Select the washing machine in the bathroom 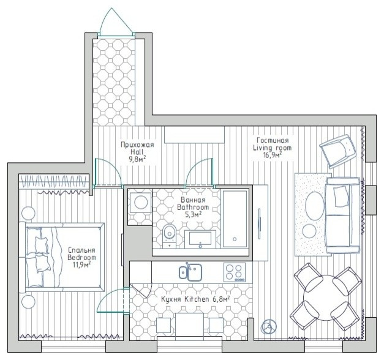pyautogui.click(x=141, y=203)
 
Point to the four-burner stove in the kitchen pyautogui.click(x=235, y=271)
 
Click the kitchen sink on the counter pyautogui.click(x=190, y=271)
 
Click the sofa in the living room pyautogui.click(x=342, y=214)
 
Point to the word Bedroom pyautogui.click(x=82, y=258)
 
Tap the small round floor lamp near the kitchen pyautogui.click(x=266, y=325)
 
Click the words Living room pyautogui.click(x=273, y=148)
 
